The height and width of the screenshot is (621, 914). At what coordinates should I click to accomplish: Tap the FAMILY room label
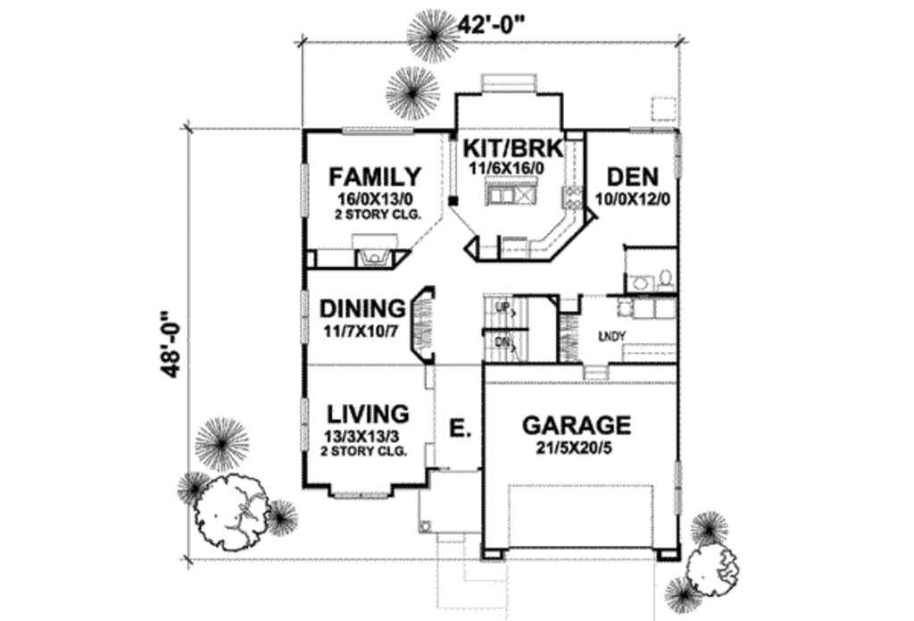[x=375, y=175]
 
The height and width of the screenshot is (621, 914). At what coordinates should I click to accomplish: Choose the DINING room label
[x=362, y=309]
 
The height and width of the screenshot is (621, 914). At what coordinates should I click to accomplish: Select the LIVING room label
[x=368, y=414]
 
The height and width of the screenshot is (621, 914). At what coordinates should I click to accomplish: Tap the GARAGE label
[x=577, y=424]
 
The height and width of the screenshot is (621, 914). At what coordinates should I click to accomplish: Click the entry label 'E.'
[x=460, y=430]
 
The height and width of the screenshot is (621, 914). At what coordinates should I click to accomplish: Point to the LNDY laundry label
[x=612, y=336]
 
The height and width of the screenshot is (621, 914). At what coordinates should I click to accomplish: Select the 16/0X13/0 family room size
[x=375, y=197]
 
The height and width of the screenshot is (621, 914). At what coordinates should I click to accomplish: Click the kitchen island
[x=511, y=194]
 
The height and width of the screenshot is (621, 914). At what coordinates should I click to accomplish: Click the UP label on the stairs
[x=503, y=310]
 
